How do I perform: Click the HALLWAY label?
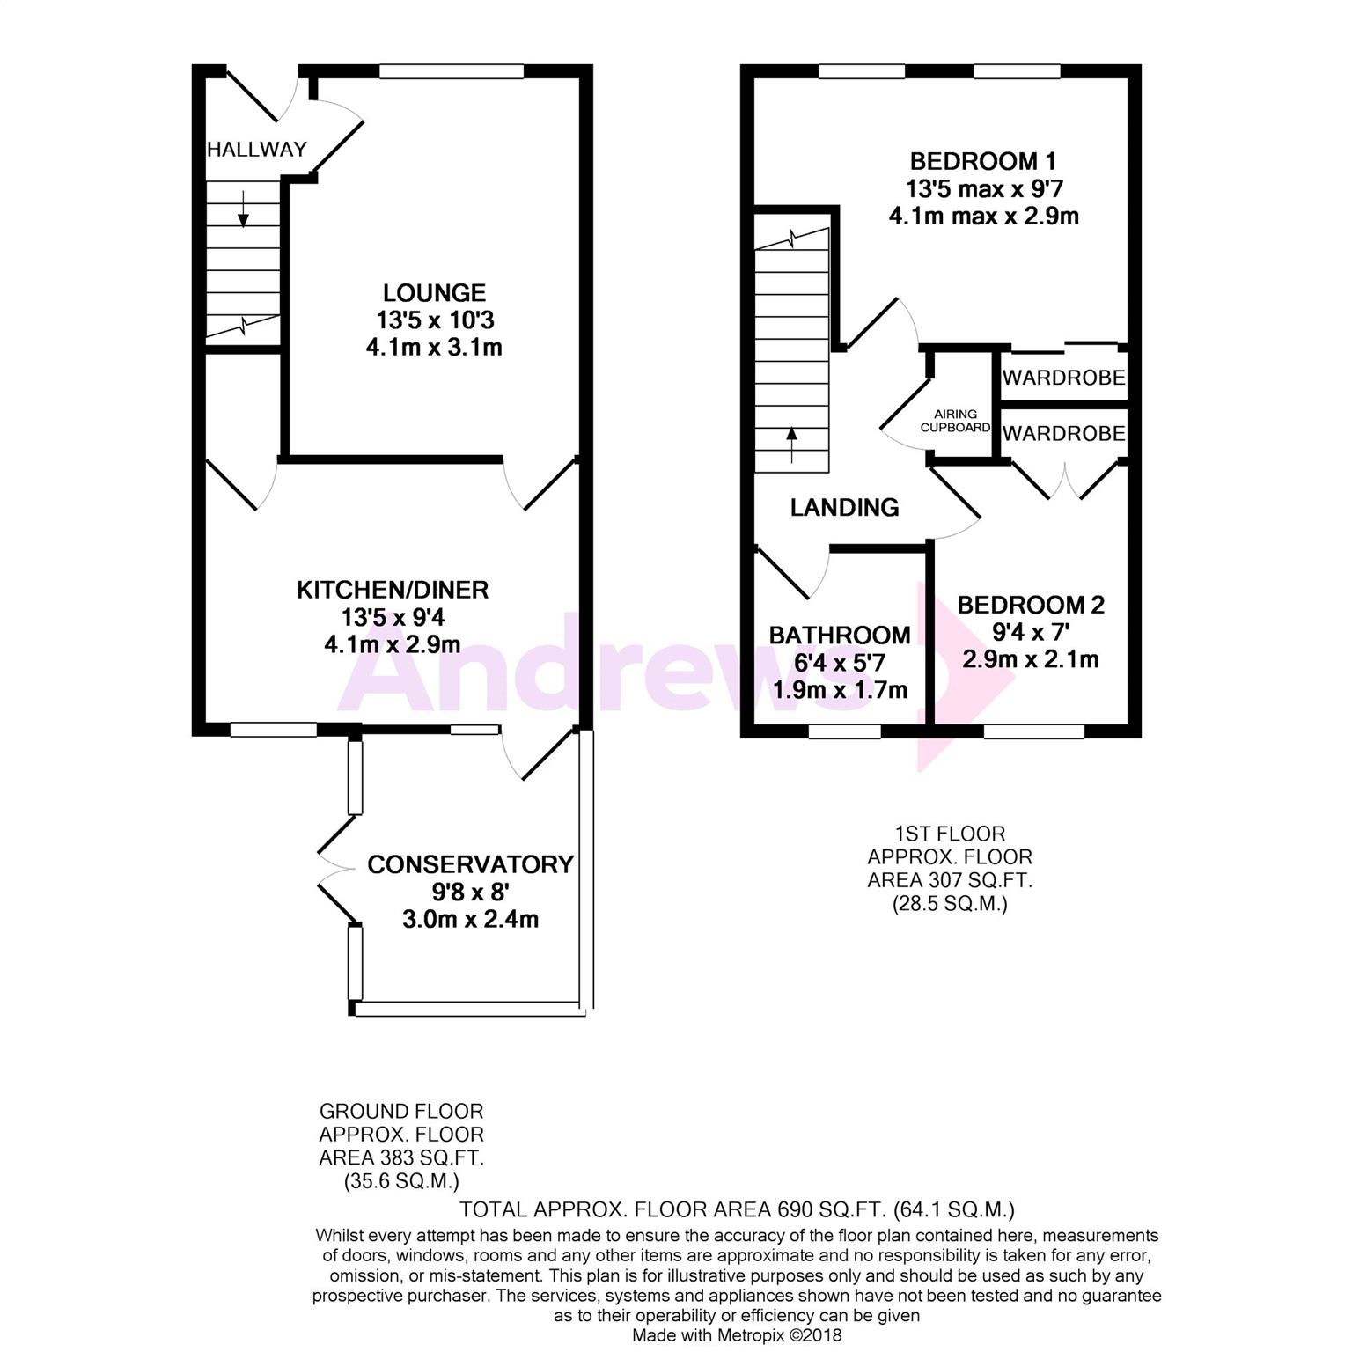point(257,149)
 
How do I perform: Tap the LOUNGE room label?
point(434,292)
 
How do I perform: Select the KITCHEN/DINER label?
point(393,590)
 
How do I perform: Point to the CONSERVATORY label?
point(471,864)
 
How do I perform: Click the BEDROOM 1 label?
point(983,161)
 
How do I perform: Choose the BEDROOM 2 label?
point(1031,605)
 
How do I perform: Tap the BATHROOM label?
point(840,635)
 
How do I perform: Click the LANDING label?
point(844,507)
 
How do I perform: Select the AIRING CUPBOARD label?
point(956,421)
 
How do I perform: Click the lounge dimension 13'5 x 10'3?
point(434,320)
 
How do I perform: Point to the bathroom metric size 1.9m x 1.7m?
point(840,690)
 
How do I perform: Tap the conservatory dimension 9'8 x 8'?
point(471,892)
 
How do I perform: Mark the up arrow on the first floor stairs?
point(791,445)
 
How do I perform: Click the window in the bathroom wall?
point(844,731)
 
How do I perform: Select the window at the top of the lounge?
point(452,71)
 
